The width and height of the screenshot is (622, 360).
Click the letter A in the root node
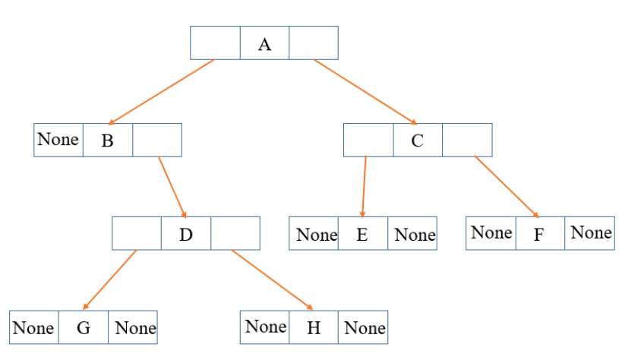[x=264, y=44]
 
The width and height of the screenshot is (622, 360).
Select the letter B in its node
[x=107, y=141]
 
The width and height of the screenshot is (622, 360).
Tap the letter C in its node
[x=417, y=141]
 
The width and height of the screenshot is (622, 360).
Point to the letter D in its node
[x=186, y=234]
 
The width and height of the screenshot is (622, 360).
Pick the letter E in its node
[x=362, y=234]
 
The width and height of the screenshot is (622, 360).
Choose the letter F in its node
[x=539, y=234]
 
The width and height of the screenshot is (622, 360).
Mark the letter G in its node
[x=83, y=328]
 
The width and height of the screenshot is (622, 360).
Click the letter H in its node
[x=314, y=328]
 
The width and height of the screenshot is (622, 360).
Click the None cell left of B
[x=58, y=139]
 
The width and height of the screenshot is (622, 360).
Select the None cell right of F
[x=591, y=232]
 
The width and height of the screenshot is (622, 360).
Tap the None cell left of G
[x=33, y=328]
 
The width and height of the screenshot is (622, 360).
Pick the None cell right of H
[x=365, y=328]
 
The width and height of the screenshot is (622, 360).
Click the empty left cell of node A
[x=215, y=43]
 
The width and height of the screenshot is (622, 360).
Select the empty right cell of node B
[x=157, y=140]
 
